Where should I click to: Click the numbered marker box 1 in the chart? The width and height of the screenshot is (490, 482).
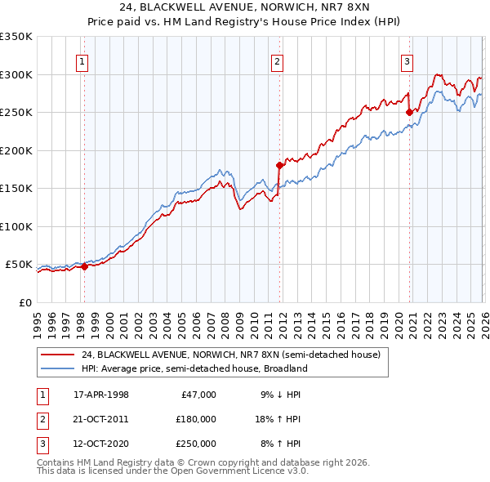pyautogui.click(x=83, y=60)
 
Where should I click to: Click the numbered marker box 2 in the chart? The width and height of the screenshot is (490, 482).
pyautogui.click(x=278, y=60)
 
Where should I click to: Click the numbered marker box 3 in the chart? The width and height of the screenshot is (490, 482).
pyautogui.click(x=407, y=60)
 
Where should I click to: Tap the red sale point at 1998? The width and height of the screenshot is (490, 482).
pyautogui.click(x=84, y=266)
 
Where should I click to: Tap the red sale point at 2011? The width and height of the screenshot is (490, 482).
pyautogui.click(x=279, y=165)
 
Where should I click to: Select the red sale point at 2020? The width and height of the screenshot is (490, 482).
pyautogui.click(x=408, y=112)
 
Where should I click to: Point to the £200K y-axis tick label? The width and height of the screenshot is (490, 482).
pyautogui.click(x=16, y=150)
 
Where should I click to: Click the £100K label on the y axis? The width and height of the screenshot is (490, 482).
pyautogui.click(x=16, y=226)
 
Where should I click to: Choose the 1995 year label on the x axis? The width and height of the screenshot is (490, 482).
pyautogui.click(x=37, y=319)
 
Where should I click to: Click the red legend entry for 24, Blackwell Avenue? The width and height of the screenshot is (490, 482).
pyautogui.click(x=230, y=355)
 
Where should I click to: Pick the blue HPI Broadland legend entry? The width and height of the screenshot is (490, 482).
pyautogui.click(x=194, y=368)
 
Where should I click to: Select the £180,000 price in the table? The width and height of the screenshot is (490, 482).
pyautogui.click(x=196, y=419)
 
